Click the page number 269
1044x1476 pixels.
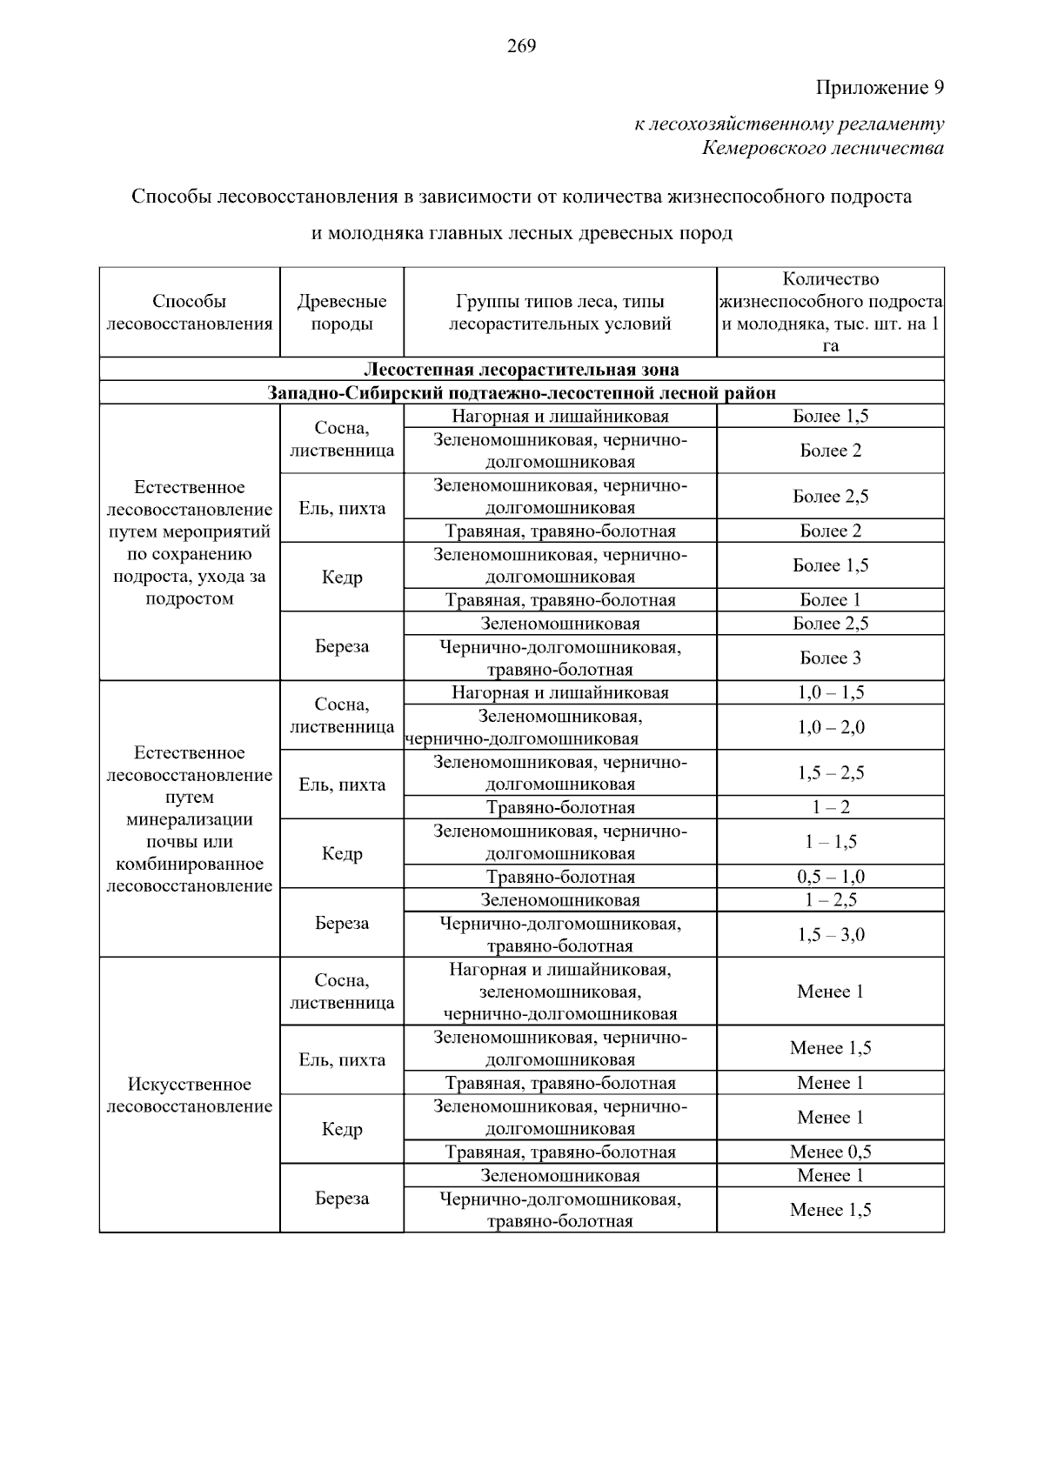pos(521,46)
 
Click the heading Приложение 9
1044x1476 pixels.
pos(879,88)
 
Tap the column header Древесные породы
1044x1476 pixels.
pos(342,313)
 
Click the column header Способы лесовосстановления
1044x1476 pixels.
pos(189,313)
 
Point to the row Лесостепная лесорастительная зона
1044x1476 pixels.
pos(521,370)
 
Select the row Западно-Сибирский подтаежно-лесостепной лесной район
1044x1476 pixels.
pos(521,393)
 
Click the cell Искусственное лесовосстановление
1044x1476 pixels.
pos(189,1095)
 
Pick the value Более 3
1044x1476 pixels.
pos(830,658)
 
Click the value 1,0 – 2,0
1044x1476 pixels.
pos(830,727)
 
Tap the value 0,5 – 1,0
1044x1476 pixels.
pos(830,877)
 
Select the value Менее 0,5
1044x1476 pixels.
pos(830,1152)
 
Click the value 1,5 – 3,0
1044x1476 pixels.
pos(830,935)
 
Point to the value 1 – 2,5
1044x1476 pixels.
pos(830,900)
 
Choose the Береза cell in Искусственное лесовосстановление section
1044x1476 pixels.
pos(342,1199)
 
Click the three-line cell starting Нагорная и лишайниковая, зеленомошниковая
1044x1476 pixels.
pos(559,992)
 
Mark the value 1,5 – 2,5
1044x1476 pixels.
pos(830,773)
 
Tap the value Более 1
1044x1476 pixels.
pos(830,600)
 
